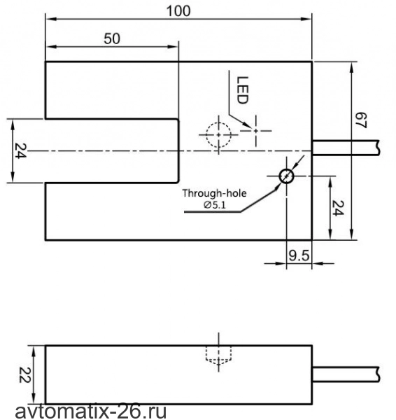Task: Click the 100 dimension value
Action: pos(178,11)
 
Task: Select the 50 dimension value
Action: pos(112,38)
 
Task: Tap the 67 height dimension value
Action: pos(360,120)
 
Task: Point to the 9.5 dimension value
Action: pos(299,255)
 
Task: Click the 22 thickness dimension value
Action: pos(25,374)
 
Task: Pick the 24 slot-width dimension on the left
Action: pos(20,150)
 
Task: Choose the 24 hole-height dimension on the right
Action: pos(337,208)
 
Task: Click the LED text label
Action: pos(243,90)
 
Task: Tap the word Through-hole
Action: pos(214,193)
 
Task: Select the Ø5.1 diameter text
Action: pos(215,205)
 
